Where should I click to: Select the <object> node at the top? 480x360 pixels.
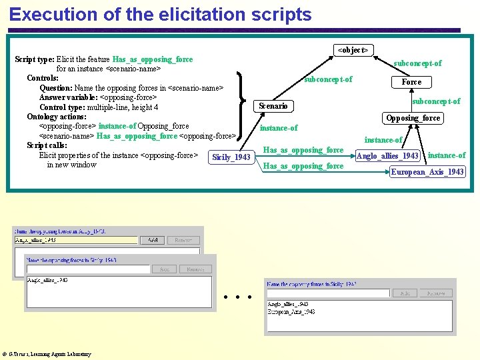coord(353,50)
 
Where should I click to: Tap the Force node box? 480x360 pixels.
coord(411,82)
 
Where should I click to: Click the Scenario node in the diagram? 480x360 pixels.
coord(273,106)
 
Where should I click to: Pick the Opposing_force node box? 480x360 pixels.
coord(413,118)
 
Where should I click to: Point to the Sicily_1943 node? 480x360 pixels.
coord(231,157)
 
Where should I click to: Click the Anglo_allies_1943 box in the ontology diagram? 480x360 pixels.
coord(388,156)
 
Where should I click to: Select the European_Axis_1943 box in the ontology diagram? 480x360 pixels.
coord(427,172)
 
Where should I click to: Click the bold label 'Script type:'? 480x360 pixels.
coord(35,59)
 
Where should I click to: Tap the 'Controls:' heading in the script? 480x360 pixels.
coord(43,78)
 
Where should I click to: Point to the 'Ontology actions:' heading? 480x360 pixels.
coord(57,117)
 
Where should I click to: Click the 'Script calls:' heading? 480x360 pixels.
coord(47,145)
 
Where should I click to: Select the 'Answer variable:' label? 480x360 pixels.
coord(68,97)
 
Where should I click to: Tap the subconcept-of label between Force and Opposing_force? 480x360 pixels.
coord(436,101)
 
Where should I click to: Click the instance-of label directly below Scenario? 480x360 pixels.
coord(279,128)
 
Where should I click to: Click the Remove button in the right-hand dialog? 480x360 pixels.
coord(436,293)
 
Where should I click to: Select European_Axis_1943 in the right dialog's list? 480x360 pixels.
coord(291,311)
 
